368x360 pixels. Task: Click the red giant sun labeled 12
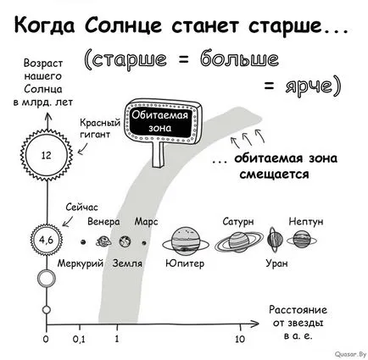click(x=47, y=155)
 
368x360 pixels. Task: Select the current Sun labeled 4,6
click(x=47, y=240)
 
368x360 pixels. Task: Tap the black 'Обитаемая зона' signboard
click(x=163, y=122)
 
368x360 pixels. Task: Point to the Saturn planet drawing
click(x=239, y=242)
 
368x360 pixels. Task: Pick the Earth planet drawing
click(x=125, y=241)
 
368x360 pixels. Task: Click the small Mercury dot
click(x=83, y=242)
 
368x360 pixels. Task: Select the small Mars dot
click(x=144, y=242)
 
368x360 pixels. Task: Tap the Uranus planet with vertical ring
click(x=275, y=240)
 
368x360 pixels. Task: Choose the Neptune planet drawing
click(x=302, y=240)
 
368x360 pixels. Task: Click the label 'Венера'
click(x=103, y=221)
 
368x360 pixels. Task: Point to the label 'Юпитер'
click(x=185, y=263)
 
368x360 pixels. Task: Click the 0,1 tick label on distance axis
click(x=79, y=339)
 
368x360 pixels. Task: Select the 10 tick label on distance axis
click(x=240, y=339)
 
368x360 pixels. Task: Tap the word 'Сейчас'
click(x=81, y=208)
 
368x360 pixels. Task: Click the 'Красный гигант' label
click(x=100, y=129)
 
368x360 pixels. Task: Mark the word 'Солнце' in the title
click(x=123, y=25)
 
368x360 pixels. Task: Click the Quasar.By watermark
click(x=350, y=354)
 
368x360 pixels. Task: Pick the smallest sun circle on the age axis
click(x=47, y=310)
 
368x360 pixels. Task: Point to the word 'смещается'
click(x=274, y=174)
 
